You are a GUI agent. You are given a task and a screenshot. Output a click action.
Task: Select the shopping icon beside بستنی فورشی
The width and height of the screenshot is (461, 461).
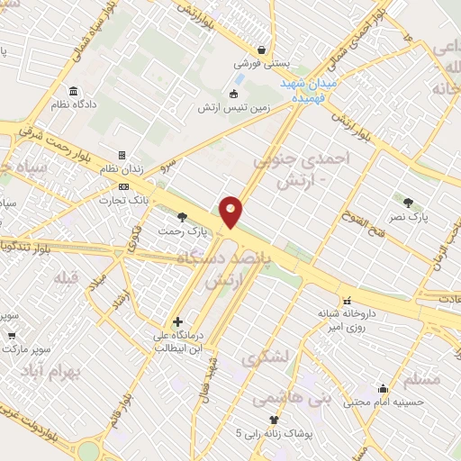[x=261, y=50]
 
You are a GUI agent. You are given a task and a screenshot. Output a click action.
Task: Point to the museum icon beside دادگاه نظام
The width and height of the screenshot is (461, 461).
[x=73, y=91]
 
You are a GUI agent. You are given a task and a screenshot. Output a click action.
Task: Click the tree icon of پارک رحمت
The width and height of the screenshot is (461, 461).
[x=183, y=217]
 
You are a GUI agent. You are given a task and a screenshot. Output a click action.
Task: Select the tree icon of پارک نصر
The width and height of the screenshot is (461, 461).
[x=408, y=203]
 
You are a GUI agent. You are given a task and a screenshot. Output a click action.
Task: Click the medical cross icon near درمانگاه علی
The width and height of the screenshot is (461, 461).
[x=177, y=321]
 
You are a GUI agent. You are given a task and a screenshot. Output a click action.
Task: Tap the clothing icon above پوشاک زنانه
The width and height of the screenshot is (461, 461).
[x=274, y=420]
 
